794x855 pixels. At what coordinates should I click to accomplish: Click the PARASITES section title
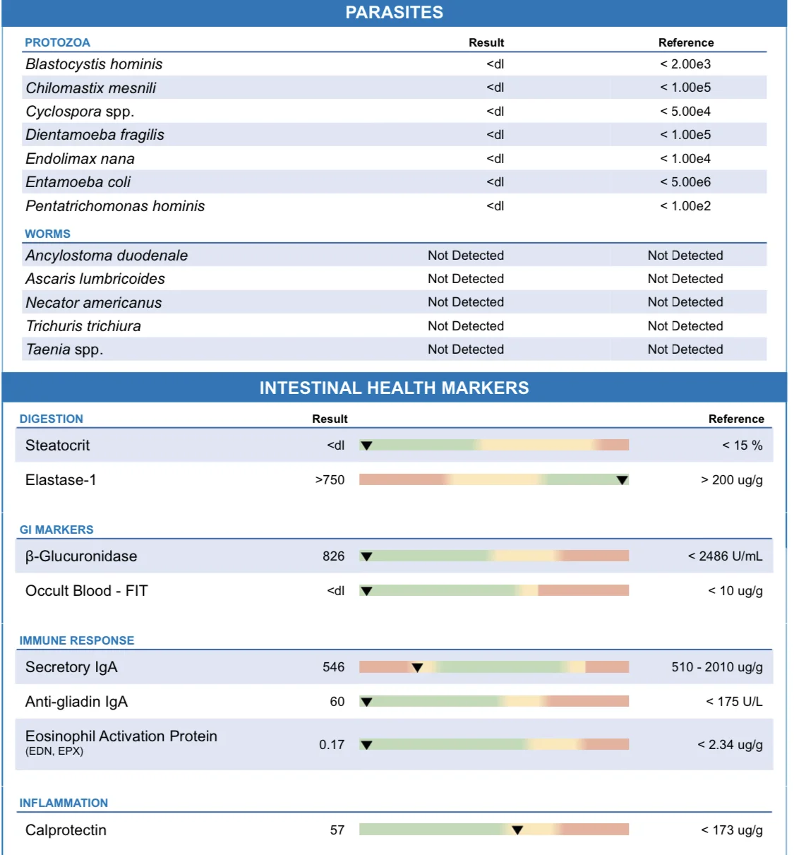pos(394,13)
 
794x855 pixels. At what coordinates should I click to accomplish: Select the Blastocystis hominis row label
pos(94,64)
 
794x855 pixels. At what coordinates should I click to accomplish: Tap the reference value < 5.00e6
pos(685,182)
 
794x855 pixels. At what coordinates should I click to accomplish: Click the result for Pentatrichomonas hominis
pos(495,206)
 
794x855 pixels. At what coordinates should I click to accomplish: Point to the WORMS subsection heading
pos(47,234)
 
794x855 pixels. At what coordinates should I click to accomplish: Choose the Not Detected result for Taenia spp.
pos(466,349)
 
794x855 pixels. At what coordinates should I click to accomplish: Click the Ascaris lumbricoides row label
pos(95,279)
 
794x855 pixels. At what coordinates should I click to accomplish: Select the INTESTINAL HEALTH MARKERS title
pos(394,388)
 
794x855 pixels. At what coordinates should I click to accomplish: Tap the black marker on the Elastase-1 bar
pos(622,480)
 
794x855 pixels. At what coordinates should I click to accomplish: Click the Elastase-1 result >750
pos(330,480)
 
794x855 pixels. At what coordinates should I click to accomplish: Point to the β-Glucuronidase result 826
pos(334,556)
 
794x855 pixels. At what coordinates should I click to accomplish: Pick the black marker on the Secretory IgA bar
pos(417,668)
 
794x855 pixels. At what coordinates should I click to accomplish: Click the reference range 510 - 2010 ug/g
pos(717,667)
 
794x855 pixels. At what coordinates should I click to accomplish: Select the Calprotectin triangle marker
pos(517,830)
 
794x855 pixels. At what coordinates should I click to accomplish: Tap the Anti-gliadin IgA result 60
pos(337,702)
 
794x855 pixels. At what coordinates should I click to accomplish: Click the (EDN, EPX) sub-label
pos(54,751)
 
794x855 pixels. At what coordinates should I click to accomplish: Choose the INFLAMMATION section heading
pos(64,803)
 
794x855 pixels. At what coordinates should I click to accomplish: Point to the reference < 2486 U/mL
pos(725,556)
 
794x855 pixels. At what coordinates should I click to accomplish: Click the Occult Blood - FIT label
pos(87,591)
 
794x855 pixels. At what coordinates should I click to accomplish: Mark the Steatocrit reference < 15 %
pos(742,446)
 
